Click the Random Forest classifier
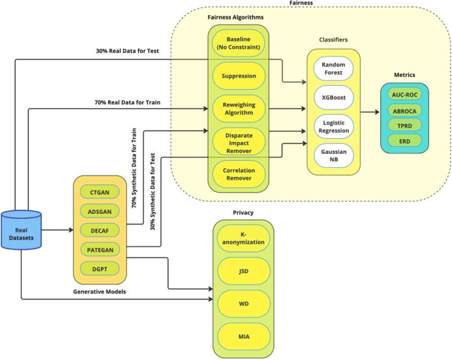333,69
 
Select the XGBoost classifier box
333,96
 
